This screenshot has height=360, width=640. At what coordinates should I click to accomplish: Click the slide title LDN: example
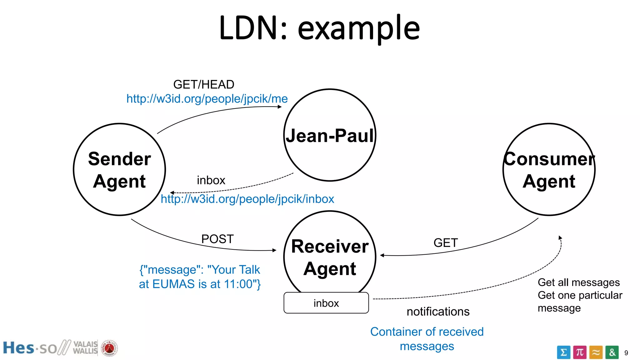[319, 28]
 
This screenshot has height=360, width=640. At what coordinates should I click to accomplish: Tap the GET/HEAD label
[203, 84]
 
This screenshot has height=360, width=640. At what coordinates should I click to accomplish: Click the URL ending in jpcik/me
[207, 99]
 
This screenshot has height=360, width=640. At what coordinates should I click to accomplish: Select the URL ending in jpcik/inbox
[247, 199]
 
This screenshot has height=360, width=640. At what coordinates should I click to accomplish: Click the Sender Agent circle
[119, 170]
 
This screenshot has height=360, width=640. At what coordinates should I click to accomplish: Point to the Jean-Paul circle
[330, 135]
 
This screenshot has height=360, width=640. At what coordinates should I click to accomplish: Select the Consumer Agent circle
[549, 170]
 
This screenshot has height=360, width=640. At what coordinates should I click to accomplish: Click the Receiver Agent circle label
[330, 257]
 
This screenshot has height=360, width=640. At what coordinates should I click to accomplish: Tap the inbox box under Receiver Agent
[326, 303]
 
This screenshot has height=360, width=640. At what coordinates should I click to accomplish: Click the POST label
[217, 239]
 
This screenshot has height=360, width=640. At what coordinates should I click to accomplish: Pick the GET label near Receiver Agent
[446, 243]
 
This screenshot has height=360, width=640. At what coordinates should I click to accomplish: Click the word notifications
[438, 312]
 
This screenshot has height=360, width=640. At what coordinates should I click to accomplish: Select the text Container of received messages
[427, 339]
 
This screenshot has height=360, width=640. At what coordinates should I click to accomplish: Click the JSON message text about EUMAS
[200, 277]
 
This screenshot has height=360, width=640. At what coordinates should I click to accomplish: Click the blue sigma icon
[563, 352]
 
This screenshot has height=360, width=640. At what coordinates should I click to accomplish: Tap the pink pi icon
[580, 352]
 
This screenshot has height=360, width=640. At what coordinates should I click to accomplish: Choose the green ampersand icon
[612, 352]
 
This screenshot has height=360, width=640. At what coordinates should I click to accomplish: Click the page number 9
[626, 353]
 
